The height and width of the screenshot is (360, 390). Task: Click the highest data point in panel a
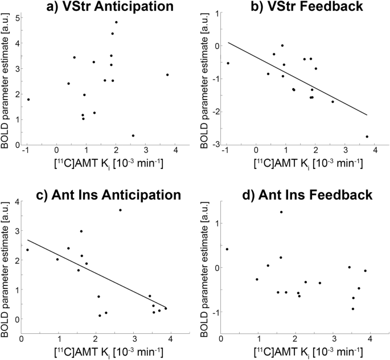pos(116,22)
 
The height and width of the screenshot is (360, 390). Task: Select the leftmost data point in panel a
pos(28,100)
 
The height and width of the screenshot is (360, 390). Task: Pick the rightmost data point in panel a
pos(167,75)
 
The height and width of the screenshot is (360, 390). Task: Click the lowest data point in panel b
pos(367,136)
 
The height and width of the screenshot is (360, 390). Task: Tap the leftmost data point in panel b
pos(228,63)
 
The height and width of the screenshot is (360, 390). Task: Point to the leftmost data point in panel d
pos(227,249)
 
